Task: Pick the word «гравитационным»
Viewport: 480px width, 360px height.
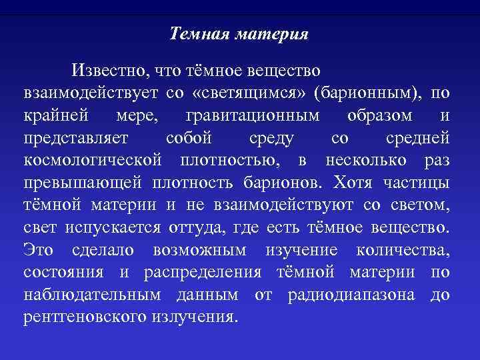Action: (253, 115)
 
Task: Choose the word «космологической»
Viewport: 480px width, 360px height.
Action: (93, 161)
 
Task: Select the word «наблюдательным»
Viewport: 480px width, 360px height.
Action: (93, 296)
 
